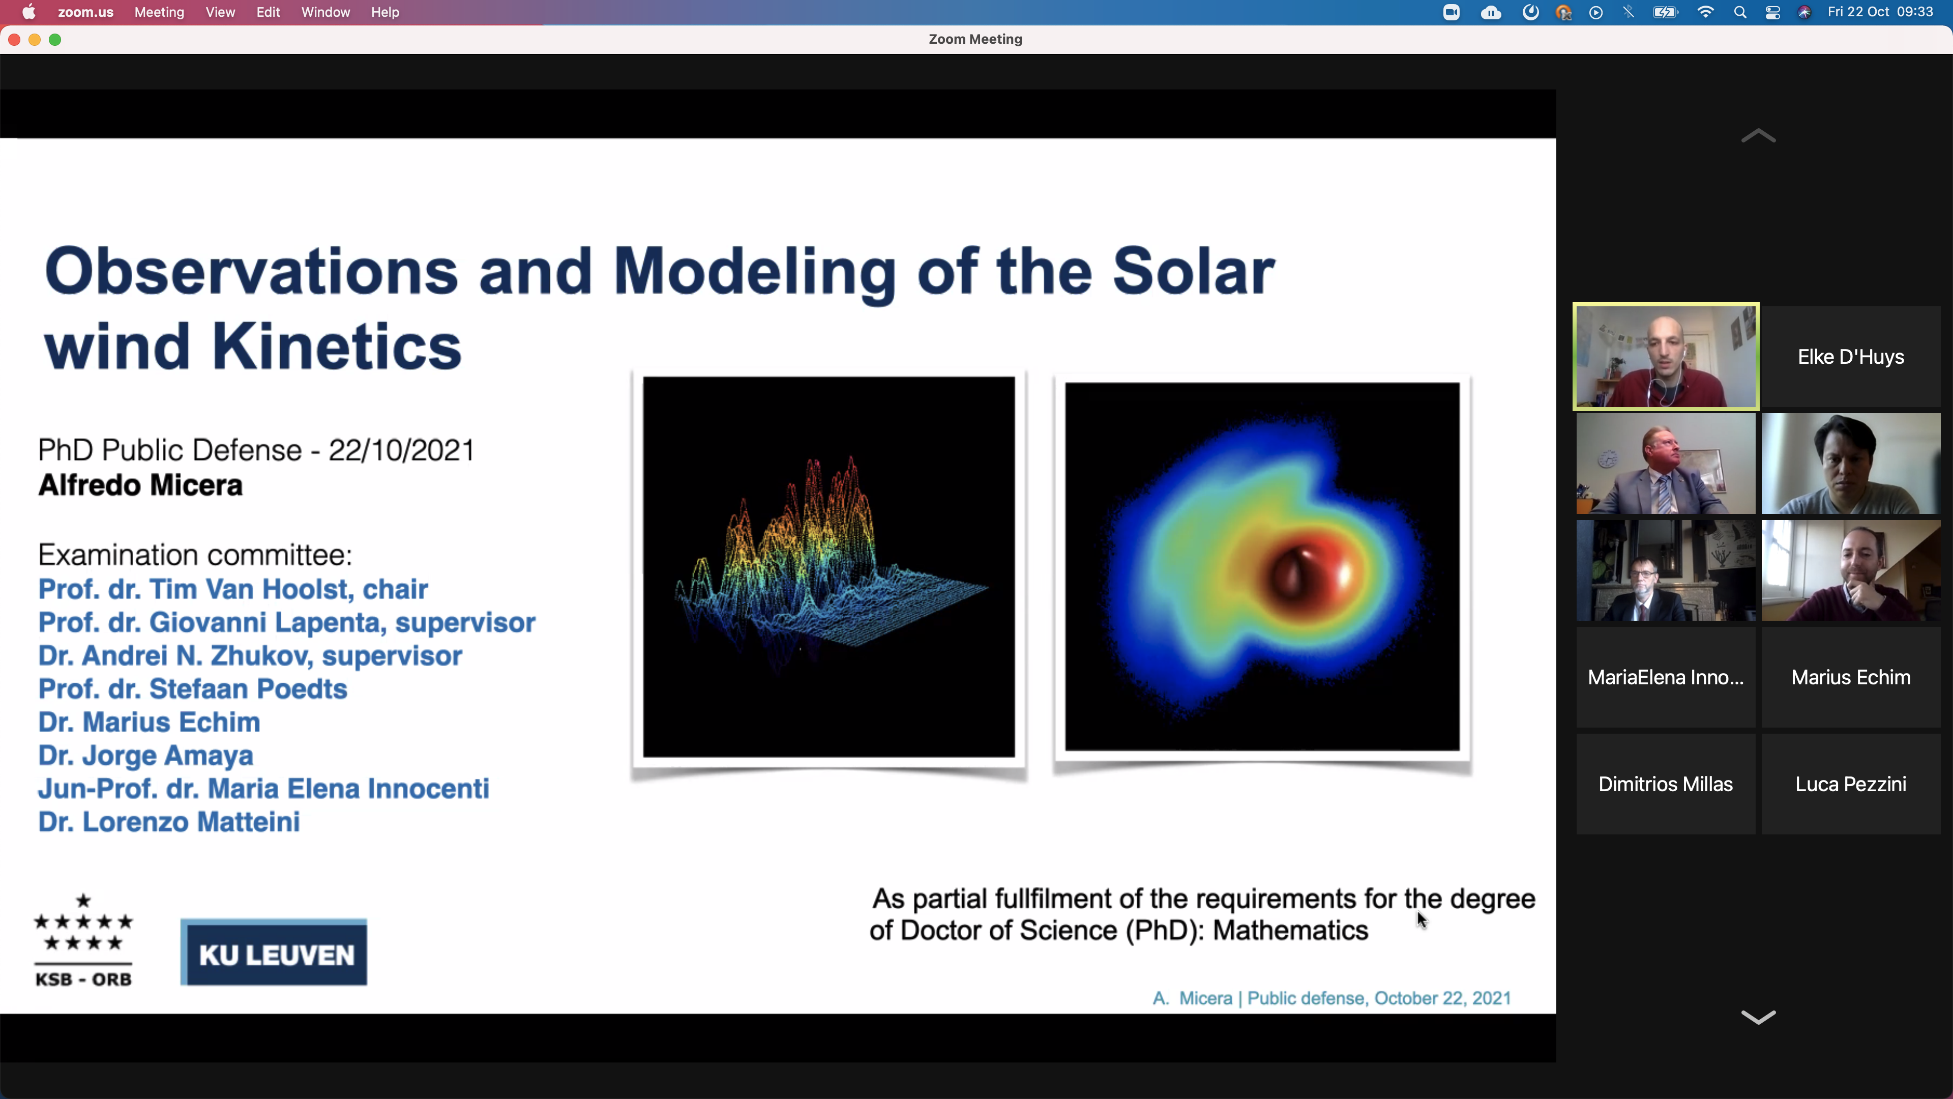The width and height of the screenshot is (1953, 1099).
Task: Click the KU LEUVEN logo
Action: point(274,952)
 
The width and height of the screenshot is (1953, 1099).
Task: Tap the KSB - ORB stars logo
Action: point(83,940)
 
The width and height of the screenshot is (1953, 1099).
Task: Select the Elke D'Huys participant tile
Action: point(1851,357)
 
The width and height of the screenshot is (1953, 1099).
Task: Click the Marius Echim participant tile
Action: point(1851,677)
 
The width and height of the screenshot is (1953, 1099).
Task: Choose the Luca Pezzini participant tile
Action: point(1851,784)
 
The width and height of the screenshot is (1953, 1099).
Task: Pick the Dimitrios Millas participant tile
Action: point(1666,784)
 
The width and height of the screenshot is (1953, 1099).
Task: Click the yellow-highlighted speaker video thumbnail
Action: point(1666,357)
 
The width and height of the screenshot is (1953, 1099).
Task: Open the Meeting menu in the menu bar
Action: point(159,12)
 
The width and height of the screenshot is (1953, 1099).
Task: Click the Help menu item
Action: point(385,12)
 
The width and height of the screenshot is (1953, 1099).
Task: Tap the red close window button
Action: point(14,40)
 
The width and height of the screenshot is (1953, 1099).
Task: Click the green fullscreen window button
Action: point(55,40)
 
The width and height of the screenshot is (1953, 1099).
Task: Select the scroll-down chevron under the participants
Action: point(1758,1017)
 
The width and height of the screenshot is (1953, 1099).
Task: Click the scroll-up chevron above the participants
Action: point(1758,136)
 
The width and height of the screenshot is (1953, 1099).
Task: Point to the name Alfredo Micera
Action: point(140,485)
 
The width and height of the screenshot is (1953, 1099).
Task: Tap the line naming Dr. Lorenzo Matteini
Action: point(169,821)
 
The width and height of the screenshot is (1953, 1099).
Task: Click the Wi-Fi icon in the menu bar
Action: point(1706,12)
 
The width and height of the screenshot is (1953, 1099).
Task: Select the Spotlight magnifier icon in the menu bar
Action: point(1740,12)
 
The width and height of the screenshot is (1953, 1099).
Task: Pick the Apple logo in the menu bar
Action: point(29,12)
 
